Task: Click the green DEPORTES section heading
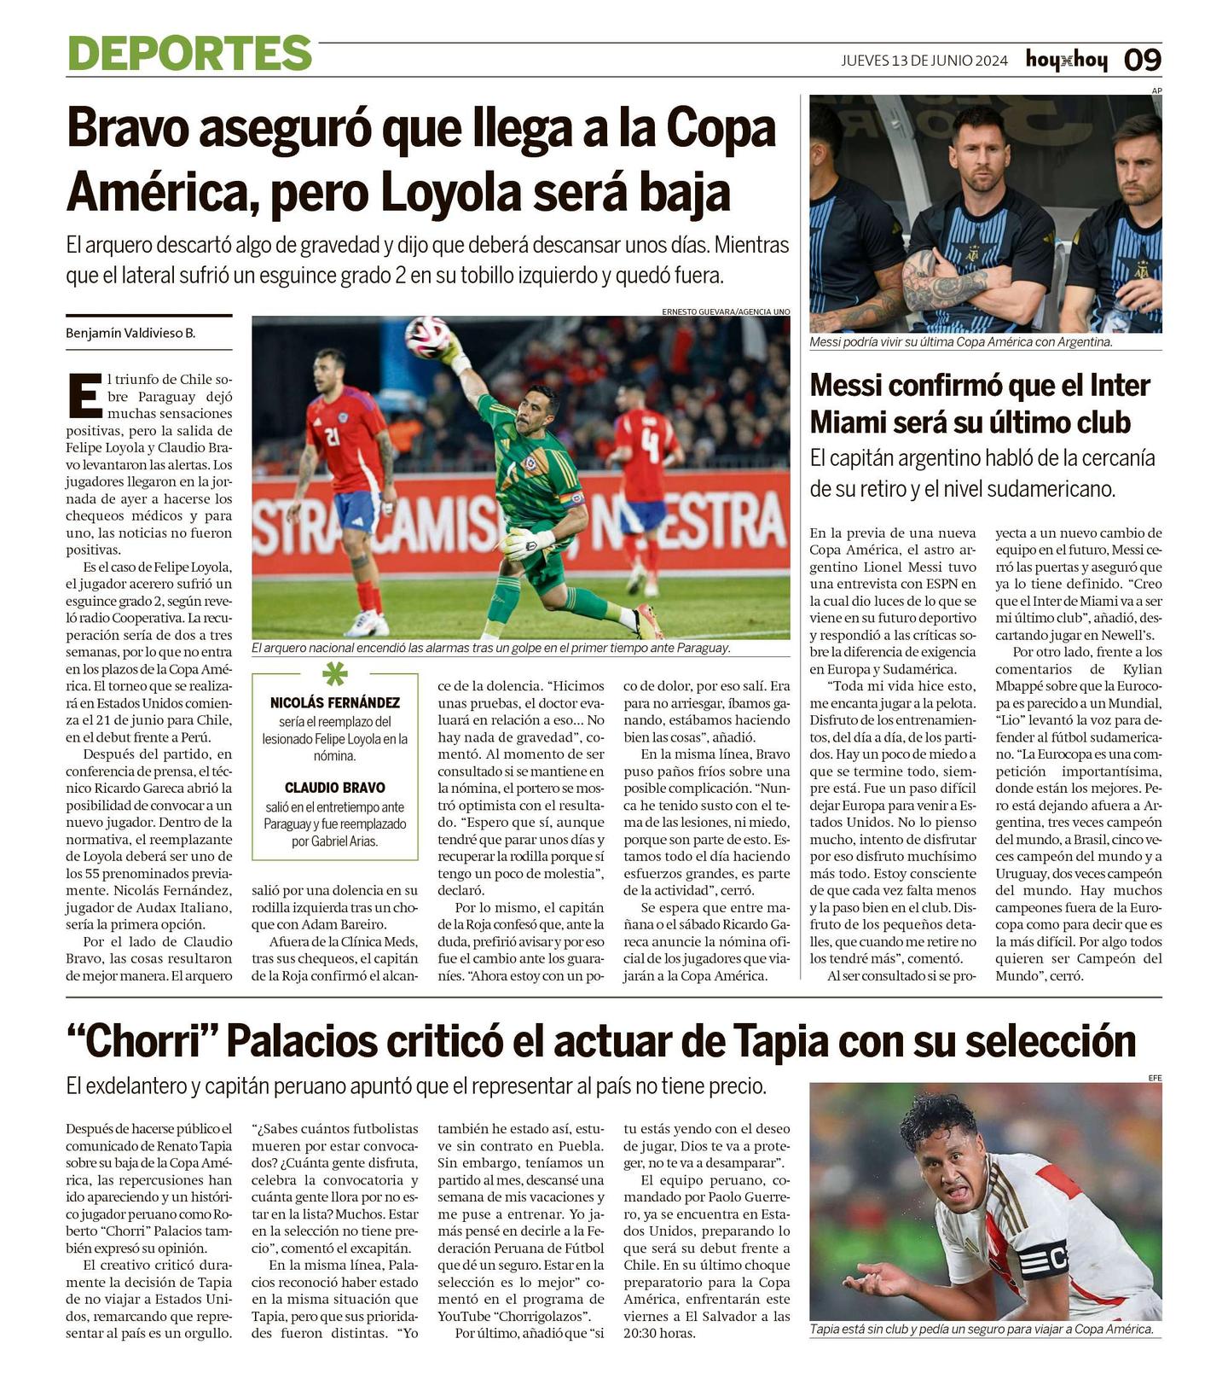coord(189,54)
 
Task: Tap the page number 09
coord(1142,60)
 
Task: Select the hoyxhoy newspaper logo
coord(1066,60)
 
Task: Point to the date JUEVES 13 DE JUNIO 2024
coord(924,61)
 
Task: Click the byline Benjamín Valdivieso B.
coord(130,333)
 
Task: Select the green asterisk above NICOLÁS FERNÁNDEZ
coord(334,675)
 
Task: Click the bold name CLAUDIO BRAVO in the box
coord(334,788)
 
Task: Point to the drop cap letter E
coord(84,396)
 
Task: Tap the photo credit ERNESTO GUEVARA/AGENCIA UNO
coord(725,312)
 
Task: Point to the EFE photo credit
coord(1155,1078)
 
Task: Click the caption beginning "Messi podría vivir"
coord(961,341)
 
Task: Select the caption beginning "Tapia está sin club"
coord(981,1329)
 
